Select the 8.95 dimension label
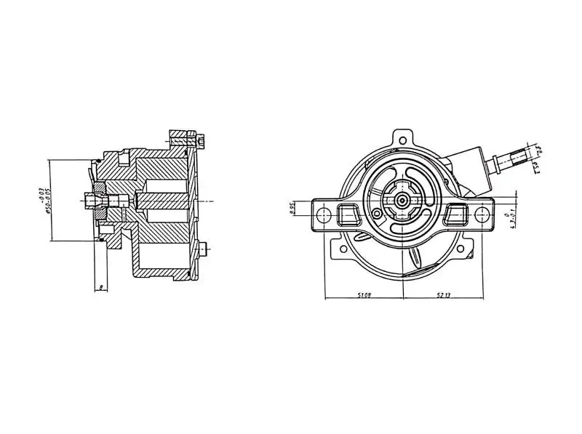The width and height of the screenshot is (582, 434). [x=291, y=209]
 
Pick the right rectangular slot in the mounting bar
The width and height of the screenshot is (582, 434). [x=458, y=214]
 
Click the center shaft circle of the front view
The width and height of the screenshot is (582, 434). [x=402, y=201]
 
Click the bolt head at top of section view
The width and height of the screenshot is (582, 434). [x=202, y=136]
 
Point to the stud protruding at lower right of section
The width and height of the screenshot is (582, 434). [x=206, y=249]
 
